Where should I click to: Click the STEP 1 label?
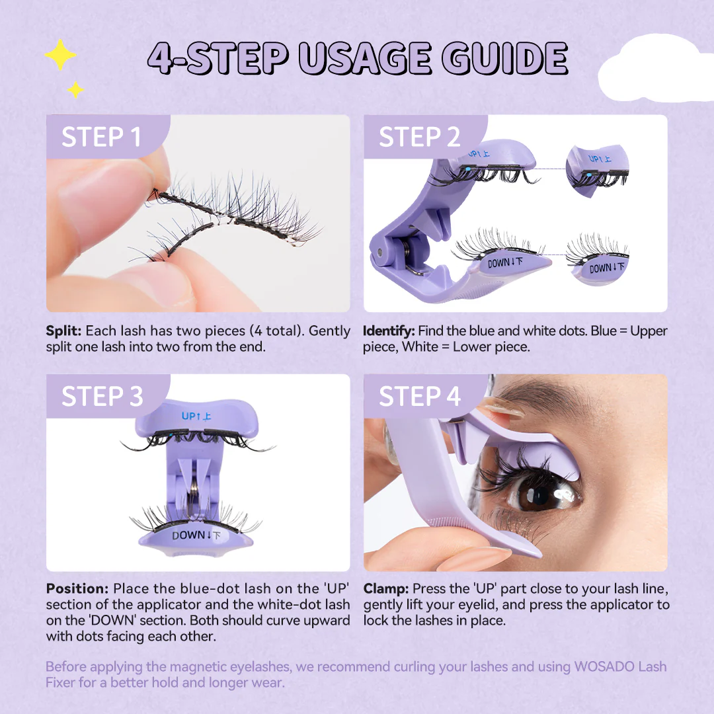tap(101, 137)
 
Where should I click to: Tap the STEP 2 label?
tap(419, 137)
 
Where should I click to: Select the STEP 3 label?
tap(102, 396)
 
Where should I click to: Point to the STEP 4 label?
tap(419, 396)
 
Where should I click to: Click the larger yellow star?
tap(60, 56)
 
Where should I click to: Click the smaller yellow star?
tap(75, 89)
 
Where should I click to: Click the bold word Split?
tap(63, 331)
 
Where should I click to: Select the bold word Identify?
tap(389, 331)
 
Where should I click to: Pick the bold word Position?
tap(77, 588)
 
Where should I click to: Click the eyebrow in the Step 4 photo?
tap(562, 397)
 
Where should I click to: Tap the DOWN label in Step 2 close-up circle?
tap(600, 268)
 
